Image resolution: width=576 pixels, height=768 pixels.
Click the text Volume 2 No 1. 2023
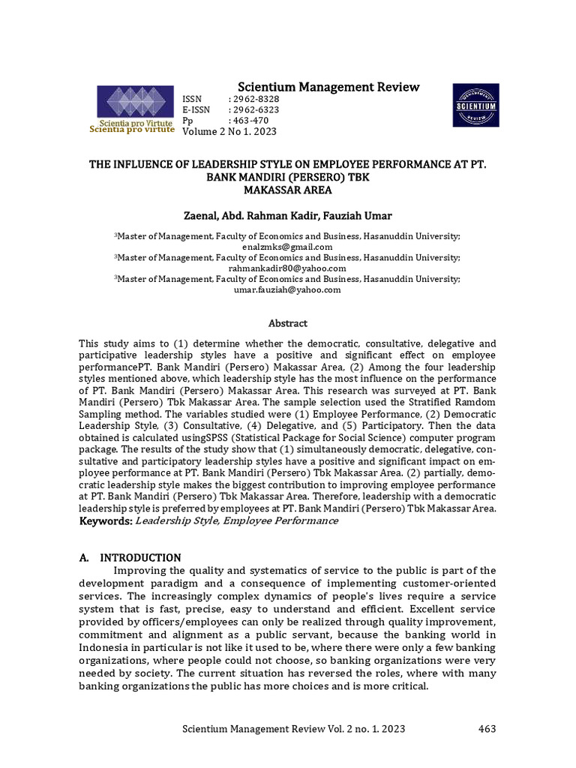point(229,131)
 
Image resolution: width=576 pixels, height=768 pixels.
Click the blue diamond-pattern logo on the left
point(132,103)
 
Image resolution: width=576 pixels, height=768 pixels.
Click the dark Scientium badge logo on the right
point(475,106)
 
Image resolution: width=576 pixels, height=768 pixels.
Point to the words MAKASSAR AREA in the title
point(288,190)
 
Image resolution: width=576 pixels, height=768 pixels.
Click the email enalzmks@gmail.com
point(287,246)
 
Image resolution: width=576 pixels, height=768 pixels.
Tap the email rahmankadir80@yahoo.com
point(287,268)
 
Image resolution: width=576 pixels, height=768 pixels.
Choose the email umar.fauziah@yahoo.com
point(287,289)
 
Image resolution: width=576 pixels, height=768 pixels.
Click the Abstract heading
point(288,323)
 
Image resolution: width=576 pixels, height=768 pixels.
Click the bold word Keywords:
point(106,520)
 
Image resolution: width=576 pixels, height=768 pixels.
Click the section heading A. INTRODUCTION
point(130,557)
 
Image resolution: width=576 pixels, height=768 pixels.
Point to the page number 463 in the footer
point(487,728)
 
